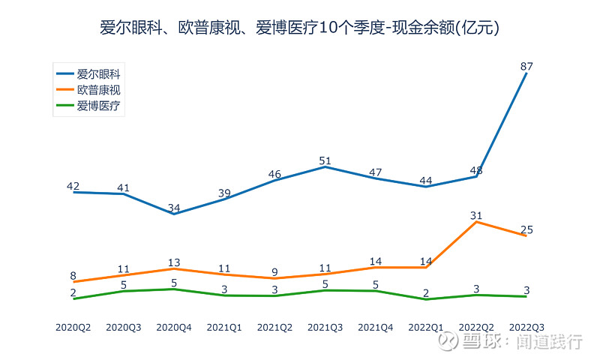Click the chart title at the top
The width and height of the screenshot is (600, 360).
[x=300, y=28]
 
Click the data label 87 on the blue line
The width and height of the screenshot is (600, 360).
[x=526, y=67]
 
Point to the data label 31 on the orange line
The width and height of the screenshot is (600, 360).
[x=475, y=215]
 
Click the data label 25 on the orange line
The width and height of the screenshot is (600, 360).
[x=526, y=229]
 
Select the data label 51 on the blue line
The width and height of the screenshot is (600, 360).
[x=325, y=160]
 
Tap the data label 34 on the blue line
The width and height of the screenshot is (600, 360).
[x=174, y=207]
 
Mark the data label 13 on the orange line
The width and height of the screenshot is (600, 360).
[x=174, y=262]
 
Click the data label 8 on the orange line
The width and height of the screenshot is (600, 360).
[x=73, y=275]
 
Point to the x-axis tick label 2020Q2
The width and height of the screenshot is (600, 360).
[x=73, y=327]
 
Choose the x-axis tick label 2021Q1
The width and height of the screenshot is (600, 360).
[x=224, y=327]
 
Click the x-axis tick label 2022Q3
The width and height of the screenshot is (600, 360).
[x=526, y=327]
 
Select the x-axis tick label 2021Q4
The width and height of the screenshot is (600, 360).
[x=376, y=327]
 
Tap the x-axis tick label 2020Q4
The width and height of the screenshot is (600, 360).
[x=174, y=327]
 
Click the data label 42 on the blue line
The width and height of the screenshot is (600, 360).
[x=73, y=186]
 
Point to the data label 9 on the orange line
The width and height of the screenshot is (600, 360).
[x=274, y=271]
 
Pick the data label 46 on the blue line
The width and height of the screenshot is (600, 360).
[x=274, y=174]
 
